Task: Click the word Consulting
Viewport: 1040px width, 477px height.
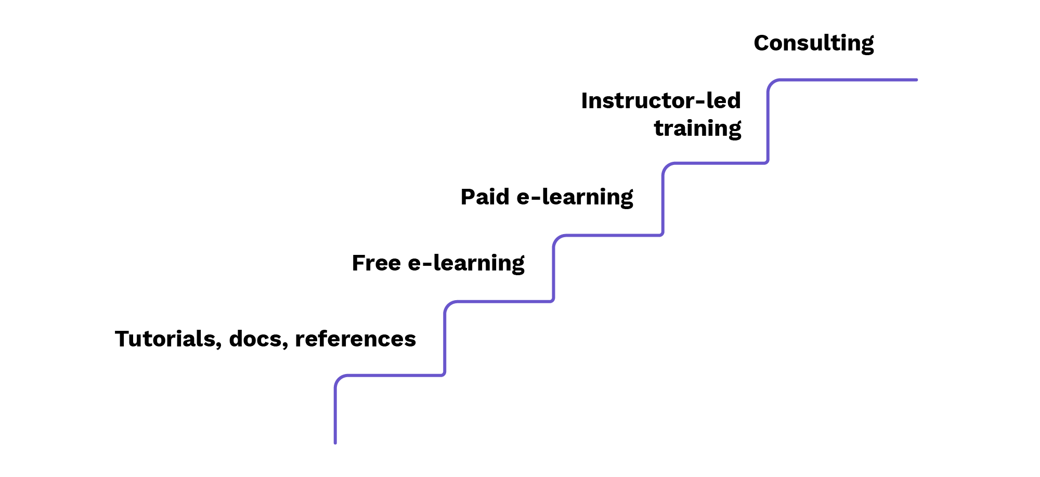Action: (814, 43)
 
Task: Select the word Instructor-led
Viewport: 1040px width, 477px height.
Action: (661, 101)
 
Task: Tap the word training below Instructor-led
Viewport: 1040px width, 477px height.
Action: (697, 128)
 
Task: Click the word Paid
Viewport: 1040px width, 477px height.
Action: (485, 197)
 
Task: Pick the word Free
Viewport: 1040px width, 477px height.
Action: (376, 263)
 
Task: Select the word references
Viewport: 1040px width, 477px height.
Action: (355, 339)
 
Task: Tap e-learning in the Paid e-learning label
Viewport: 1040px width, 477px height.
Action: (575, 197)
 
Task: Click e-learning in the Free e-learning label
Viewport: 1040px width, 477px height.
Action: (466, 263)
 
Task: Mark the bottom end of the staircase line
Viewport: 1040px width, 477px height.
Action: (335, 443)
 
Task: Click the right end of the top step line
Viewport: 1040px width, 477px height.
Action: (916, 80)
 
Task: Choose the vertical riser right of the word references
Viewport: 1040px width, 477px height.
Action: (445, 338)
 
